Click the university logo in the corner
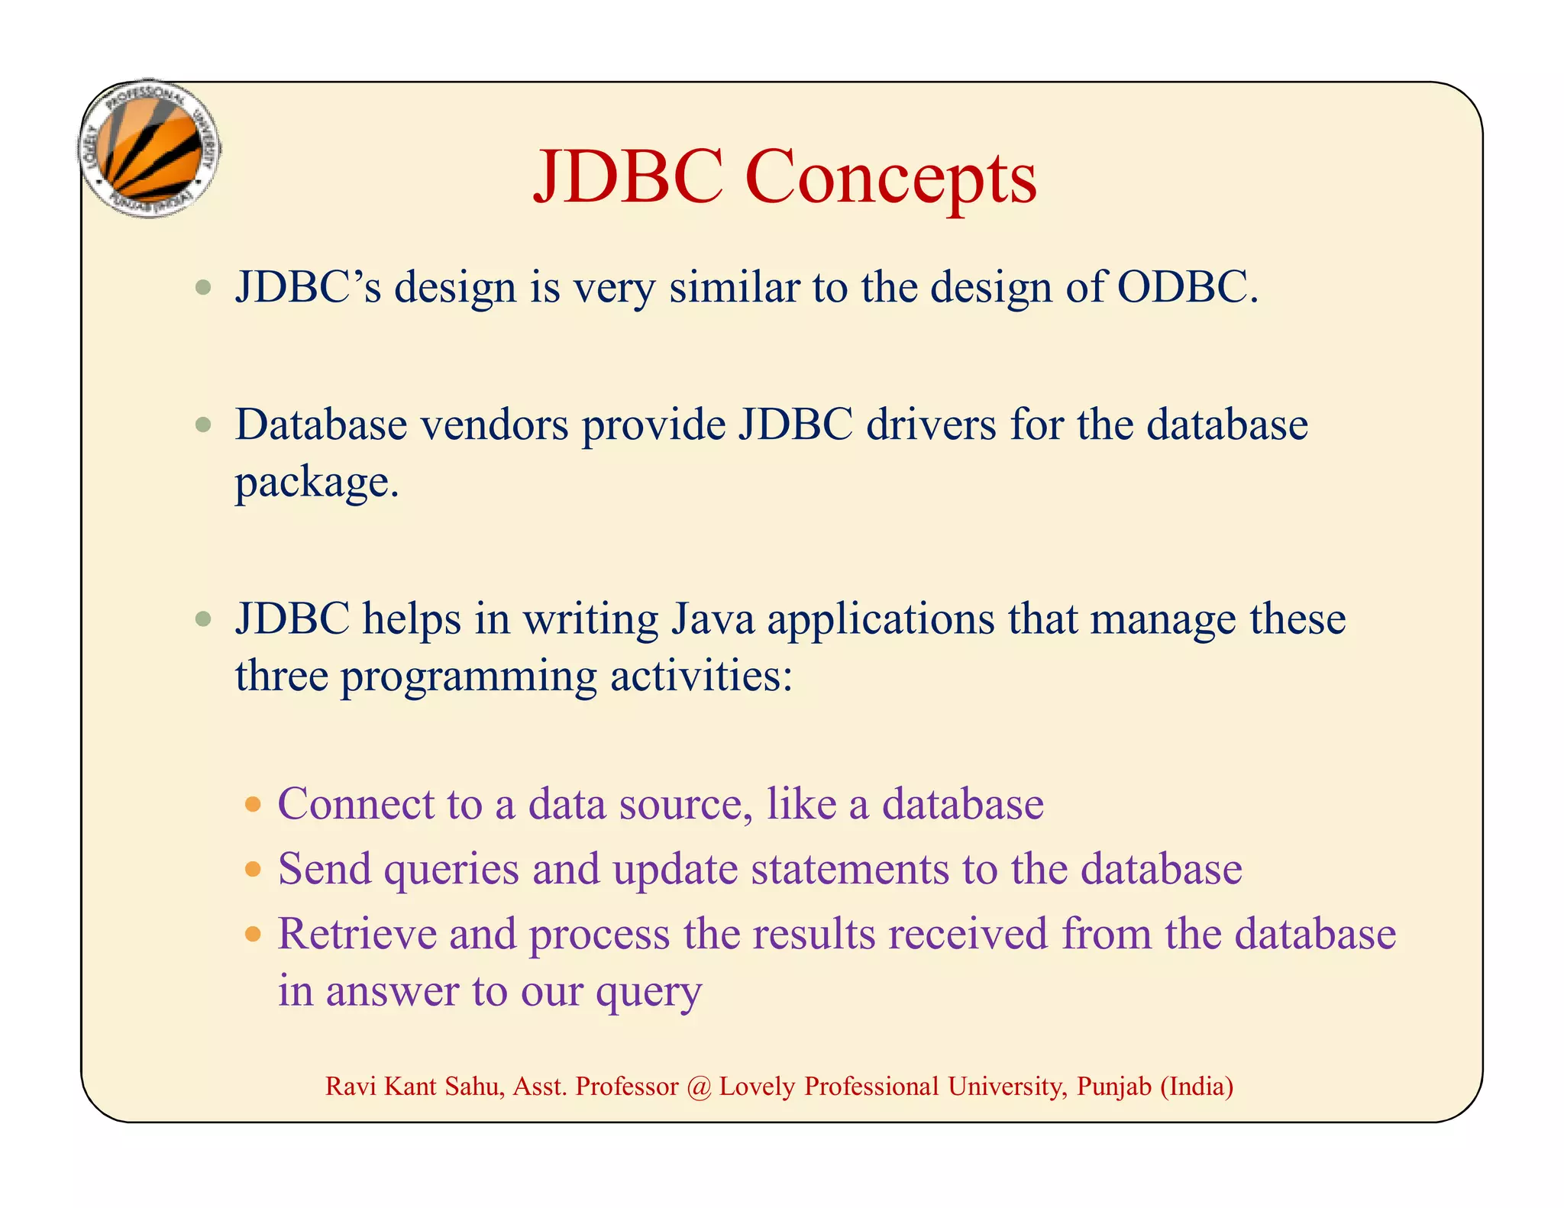click(150, 150)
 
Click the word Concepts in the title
click(890, 178)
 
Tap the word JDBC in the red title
click(628, 178)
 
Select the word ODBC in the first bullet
click(1186, 288)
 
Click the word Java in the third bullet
click(713, 619)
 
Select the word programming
click(468, 677)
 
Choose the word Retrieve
click(357, 934)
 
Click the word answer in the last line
click(392, 991)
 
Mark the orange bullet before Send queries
click(253, 869)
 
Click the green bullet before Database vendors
click(202, 425)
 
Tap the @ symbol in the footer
click(698, 1087)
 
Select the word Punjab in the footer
click(1113, 1087)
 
